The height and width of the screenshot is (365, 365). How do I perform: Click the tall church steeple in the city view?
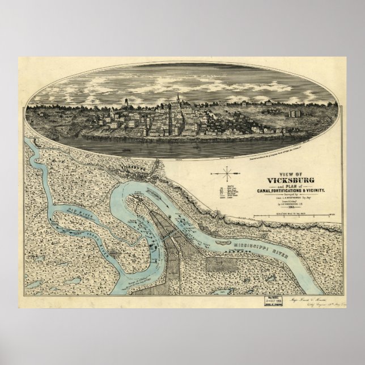point(178,100)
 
